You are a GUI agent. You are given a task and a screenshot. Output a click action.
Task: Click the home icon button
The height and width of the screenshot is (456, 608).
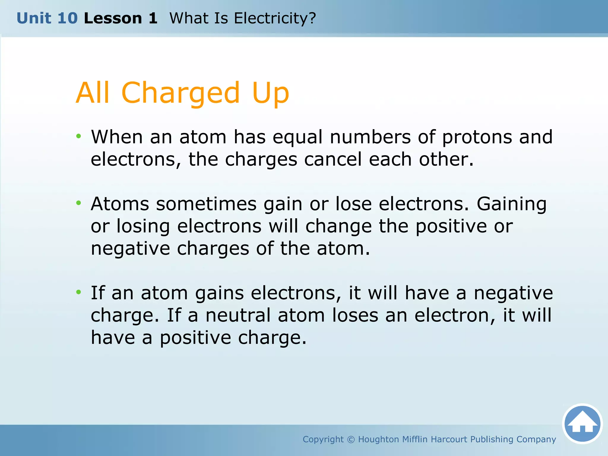pyautogui.click(x=582, y=424)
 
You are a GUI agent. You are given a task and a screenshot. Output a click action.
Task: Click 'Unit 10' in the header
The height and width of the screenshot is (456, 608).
pyautogui.click(x=47, y=18)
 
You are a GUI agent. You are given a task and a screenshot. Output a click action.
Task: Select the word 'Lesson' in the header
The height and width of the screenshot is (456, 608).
pyautogui.click(x=113, y=18)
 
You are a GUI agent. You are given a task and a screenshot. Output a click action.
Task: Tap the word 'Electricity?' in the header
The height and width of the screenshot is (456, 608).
pyautogui.click(x=275, y=18)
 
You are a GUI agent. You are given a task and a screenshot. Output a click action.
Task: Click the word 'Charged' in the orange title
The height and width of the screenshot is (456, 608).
pyautogui.click(x=180, y=93)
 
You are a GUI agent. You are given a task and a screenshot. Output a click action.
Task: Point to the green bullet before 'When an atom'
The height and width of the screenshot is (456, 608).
pyautogui.click(x=78, y=136)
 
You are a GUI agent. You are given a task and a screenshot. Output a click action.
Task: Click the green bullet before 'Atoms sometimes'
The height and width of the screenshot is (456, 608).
pyautogui.click(x=78, y=203)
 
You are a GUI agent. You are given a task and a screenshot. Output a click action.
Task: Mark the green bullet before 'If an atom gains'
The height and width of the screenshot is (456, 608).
pyautogui.click(x=78, y=292)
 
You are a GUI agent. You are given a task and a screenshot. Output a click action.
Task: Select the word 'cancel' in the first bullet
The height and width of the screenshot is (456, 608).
pyautogui.click(x=333, y=159)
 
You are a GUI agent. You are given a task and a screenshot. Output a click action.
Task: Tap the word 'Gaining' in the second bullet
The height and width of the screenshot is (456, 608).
pyautogui.click(x=512, y=204)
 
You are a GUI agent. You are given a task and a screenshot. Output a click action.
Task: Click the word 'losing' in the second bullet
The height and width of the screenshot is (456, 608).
pyautogui.click(x=143, y=227)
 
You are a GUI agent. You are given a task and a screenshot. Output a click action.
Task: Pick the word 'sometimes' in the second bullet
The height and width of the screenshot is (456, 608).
pyautogui.click(x=206, y=204)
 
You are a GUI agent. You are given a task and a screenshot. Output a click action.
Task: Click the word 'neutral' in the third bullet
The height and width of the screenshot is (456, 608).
pyautogui.click(x=238, y=315)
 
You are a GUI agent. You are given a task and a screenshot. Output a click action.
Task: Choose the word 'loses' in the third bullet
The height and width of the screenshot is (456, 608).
pyautogui.click(x=355, y=315)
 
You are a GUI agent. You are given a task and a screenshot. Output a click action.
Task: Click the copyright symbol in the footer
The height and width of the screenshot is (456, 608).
pyautogui.click(x=351, y=439)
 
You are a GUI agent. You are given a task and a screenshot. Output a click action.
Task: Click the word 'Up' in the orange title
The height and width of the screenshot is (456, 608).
pyautogui.click(x=270, y=93)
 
